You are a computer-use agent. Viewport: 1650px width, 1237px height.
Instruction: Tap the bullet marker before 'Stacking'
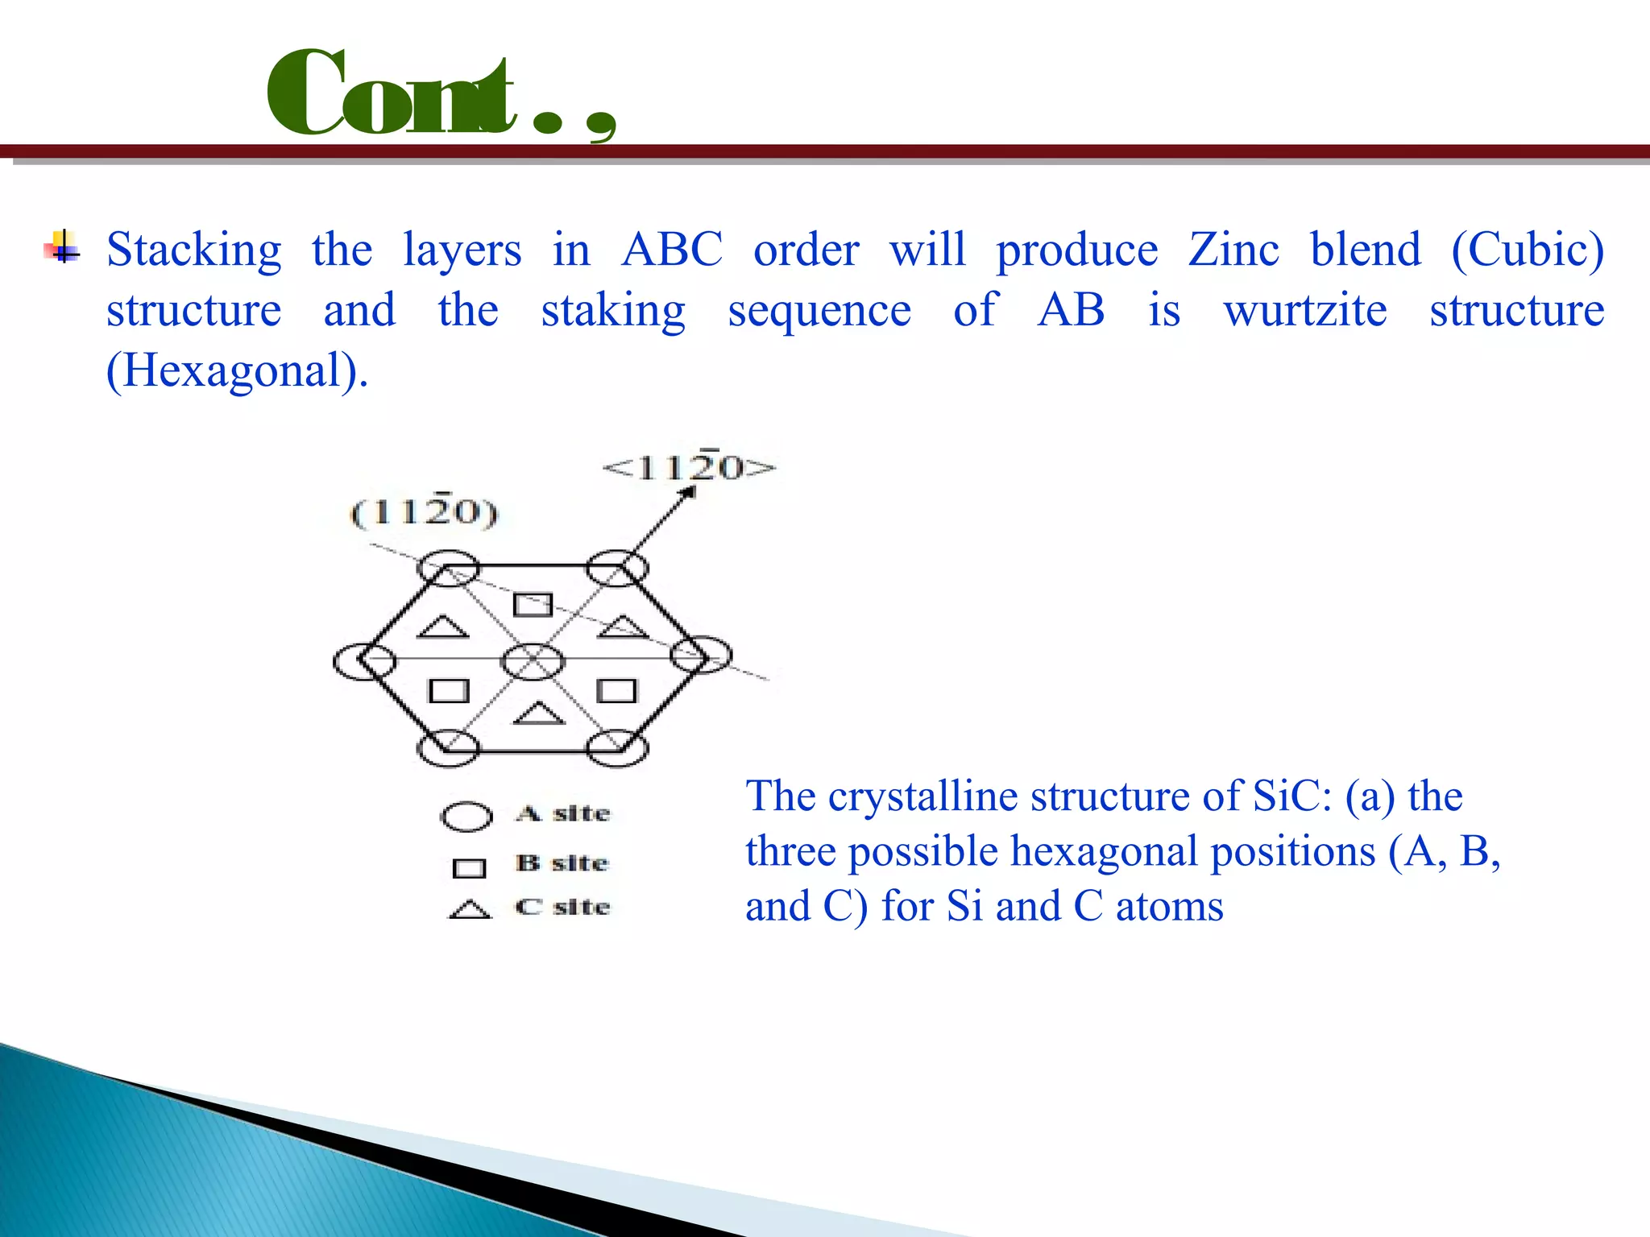pyautogui.click(x=62, y=248)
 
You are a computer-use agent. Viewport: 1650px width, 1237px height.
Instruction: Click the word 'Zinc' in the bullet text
pyautogui.click(x=1233, y=250)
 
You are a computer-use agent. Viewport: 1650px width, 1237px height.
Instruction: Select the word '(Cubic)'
pyautogui.click(x=1527, y=250)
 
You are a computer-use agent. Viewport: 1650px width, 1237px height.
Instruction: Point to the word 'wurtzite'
pyautogui.click(x=1305, y=310)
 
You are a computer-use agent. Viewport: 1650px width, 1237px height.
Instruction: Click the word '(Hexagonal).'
pyautogui.click(x=238, y=371)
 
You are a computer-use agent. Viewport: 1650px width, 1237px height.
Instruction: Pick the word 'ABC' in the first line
pyautogui.click(x=672, y=250)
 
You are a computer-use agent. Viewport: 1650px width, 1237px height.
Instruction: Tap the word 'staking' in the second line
pyautogui.click(x=613, y=312)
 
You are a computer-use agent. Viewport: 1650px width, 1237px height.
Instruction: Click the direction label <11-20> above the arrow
pyautogui.click(x=690, y=467)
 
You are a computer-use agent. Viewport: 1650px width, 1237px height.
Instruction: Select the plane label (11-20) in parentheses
pyautogui.click(x=425, y=512)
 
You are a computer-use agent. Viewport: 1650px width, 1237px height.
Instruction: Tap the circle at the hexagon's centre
pyautogui.click(x=533, y=661)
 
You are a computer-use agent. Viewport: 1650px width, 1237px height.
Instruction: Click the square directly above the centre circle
pyautogui.click(x=533, y=604)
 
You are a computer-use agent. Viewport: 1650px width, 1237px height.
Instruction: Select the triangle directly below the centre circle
pyautogui.click(x=538, y=714)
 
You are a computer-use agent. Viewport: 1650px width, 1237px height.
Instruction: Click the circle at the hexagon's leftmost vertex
pyautogui.click(x=364, y=661)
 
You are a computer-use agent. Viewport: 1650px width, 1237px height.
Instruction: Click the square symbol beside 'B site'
pyautogui.click(x=469, y=868)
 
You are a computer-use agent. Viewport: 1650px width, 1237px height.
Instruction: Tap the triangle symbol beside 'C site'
pyautogui.click(x=470, y=910)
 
